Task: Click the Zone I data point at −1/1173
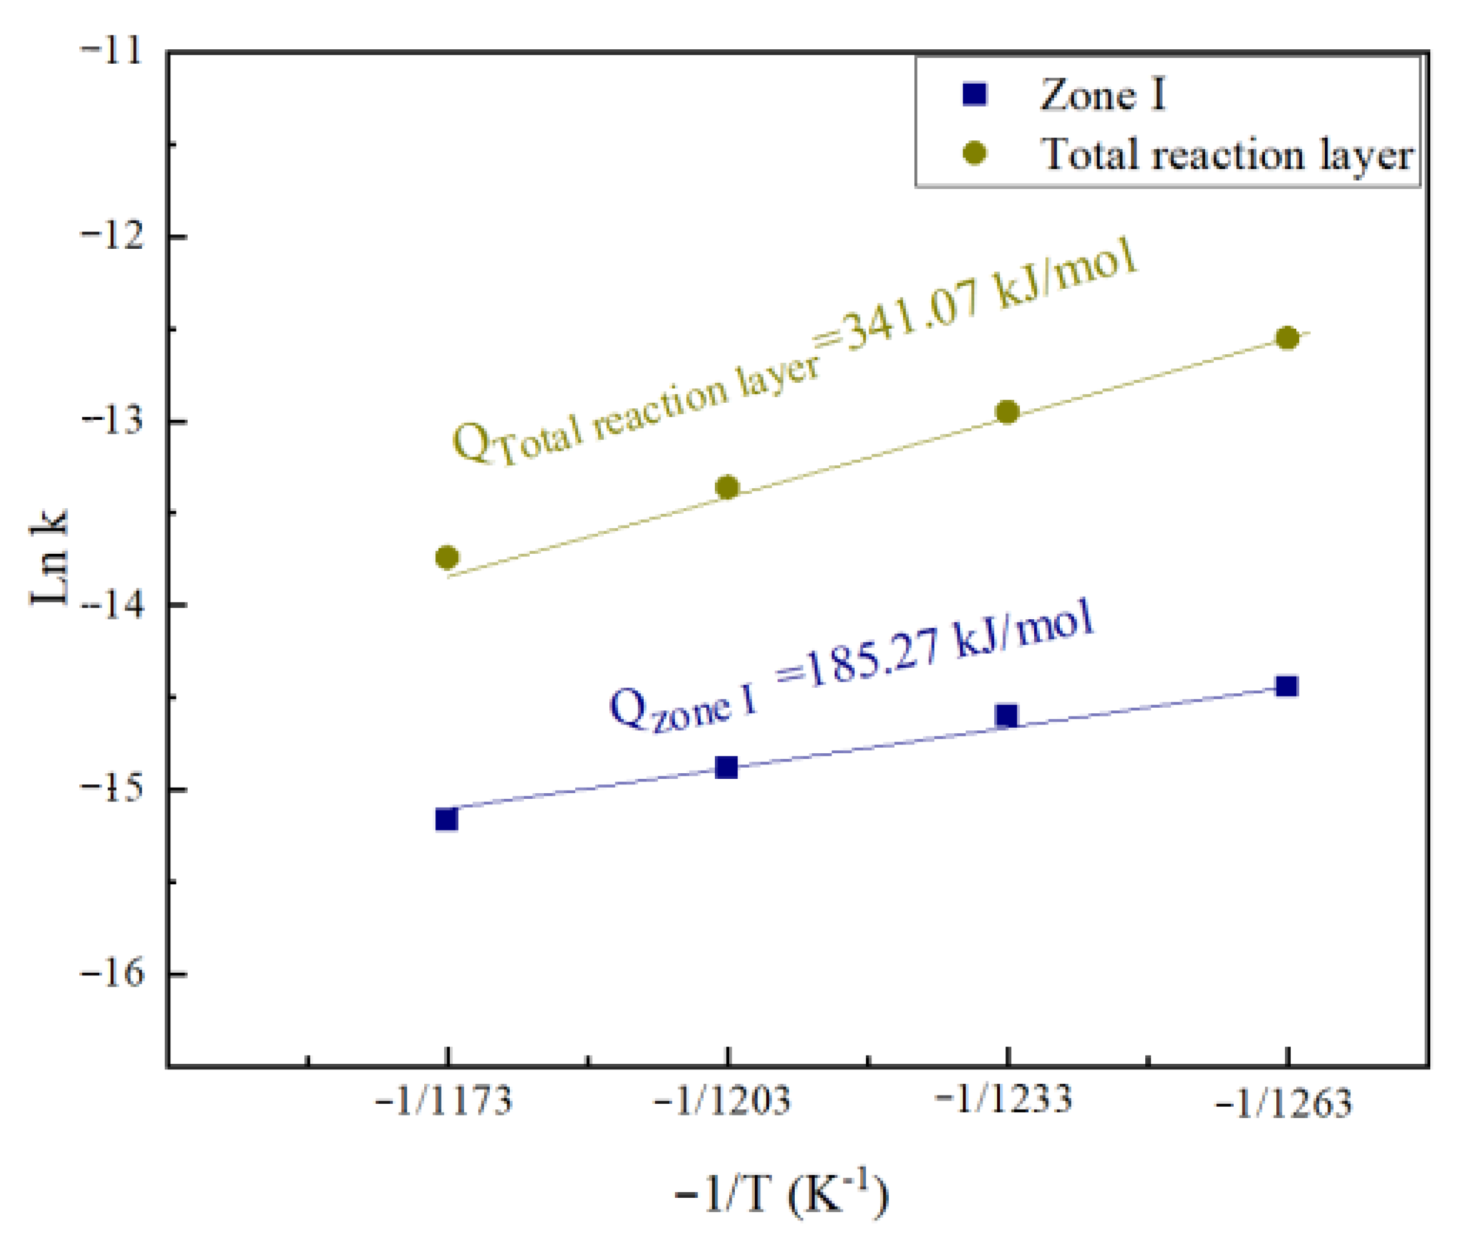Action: pyautogui.click(x=447, y=819)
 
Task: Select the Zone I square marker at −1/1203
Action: pyautogui.click(x=726, y=767)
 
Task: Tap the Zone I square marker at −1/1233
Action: pyautogui.click(x=1007, y=715)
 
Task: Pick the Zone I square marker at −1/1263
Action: pyautogui.click(x=1286, y=686)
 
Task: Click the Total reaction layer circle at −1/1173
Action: pyautogui.click(x=447, y=557)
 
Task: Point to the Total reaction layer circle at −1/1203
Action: pyautogui.click(x=727, y=487)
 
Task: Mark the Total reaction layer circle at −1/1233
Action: pyautogui.click(x=1007, y=412)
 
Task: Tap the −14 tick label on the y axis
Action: pyautogui.click(x=113, y=605)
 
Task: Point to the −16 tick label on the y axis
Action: pyautogui.click(x=113, y=974)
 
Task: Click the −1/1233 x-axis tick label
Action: pyautogui.click(x=1004, y=1098)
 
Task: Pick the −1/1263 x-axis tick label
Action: pyautogui.click(x=1284, y=1102)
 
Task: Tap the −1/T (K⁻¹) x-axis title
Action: pyautogui.click(x=782, y=1195)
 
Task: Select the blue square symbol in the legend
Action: pyautogui.click(x=974, y=94)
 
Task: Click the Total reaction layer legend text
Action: pyautogui.click(x=1226, y=154)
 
